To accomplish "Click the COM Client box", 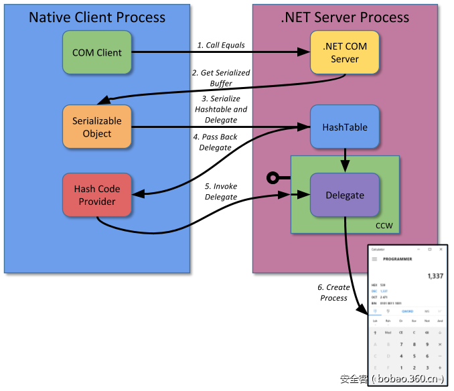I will pyautogui.click(x=97, y=52).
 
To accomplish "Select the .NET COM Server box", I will pyautogui.click(x=344, y=53).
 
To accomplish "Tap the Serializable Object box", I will pyautogui.click(x=97, y=127).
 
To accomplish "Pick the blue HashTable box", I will pyautogui.click(x=344, y=127).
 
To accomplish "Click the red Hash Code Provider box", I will pyautogui.click(x=97, y=195).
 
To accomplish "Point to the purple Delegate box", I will pyautogui.click(x=344, y=195).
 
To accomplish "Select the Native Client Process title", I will pyautogui.click(x=97, y=17).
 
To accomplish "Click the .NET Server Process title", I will pyautogui.click(x=345, y=17).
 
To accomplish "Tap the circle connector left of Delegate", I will pyautogui.click(x=272, y=177).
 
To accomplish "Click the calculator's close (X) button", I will pyautogui.click(x=441, y=249).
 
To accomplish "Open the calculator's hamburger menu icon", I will pyautogui.click(x=374, y=259).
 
